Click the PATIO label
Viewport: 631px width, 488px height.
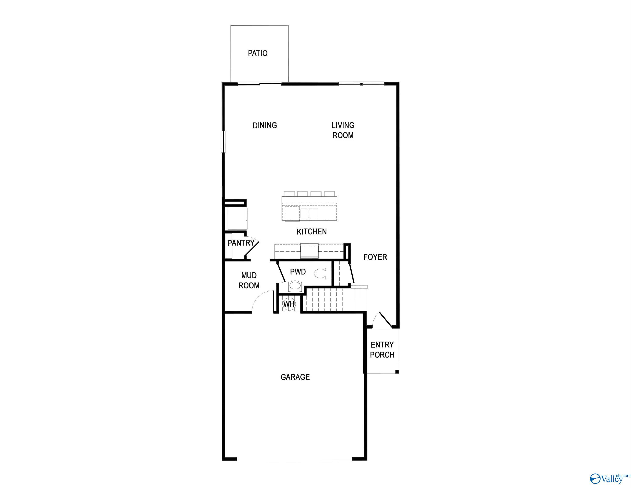coord(258,53)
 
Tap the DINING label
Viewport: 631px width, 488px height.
coord(265,125)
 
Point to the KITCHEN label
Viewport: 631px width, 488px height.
coord(312,232)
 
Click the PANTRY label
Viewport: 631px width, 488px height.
coord(241,243)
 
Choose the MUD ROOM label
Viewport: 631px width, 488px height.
coord(249,280)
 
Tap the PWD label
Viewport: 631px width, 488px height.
coord(298,272)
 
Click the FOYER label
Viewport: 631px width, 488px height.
coord(375,257)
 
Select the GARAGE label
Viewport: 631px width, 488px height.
coord(295,377)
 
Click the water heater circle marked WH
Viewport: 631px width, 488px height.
coord(289,304)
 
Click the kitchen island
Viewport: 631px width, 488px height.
coord(309,208)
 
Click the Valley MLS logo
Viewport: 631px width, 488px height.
coord(610,478)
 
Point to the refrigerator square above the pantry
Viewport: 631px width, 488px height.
coord(237,219)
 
